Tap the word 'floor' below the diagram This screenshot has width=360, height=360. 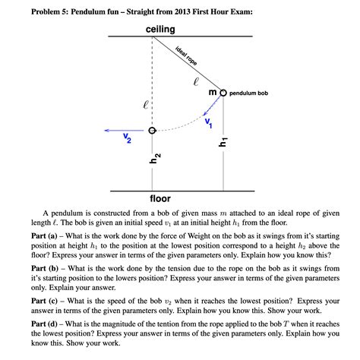point(160,198)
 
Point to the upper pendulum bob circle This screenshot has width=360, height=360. point(223,92)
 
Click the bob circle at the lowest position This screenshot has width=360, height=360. point(152,131)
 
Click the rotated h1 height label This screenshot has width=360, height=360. point(223,142)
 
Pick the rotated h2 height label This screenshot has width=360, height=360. point(154,158)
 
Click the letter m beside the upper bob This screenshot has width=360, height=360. point(213,92)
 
